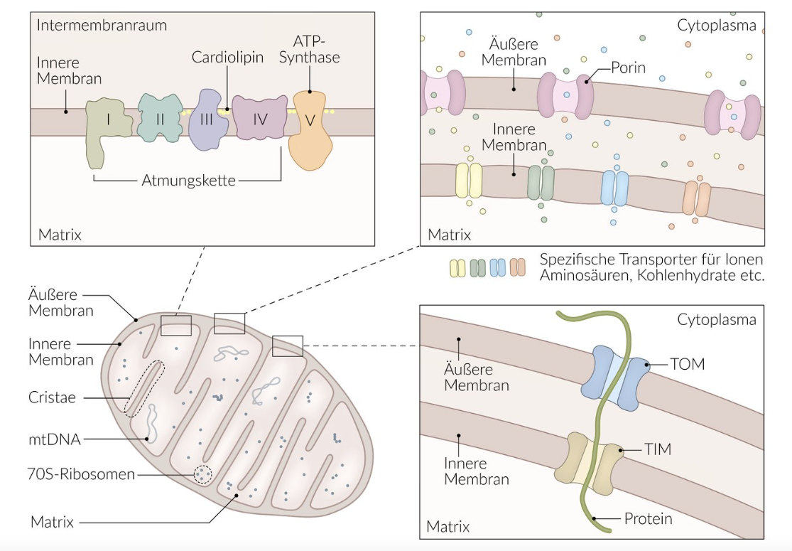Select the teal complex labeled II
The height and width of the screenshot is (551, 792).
[x=160, y=119]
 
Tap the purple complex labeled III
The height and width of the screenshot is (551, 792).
[x=207, y=119]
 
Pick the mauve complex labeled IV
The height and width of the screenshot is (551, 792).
[x=259, y=119]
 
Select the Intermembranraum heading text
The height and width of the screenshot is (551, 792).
[x=102, y=26]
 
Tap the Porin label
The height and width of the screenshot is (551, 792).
[x=628, y=68]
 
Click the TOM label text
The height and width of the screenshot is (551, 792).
[x=687, y=365]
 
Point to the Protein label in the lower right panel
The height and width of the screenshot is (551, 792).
[x=648, y=519]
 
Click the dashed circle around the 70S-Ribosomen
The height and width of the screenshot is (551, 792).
[x=204, y=474]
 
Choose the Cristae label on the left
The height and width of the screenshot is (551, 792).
[x=53, y=397]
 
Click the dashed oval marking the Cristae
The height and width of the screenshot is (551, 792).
[x=144, y=388]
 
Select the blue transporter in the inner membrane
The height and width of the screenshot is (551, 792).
[x=615, y=188]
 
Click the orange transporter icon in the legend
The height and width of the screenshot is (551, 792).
[x=517, y=268]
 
